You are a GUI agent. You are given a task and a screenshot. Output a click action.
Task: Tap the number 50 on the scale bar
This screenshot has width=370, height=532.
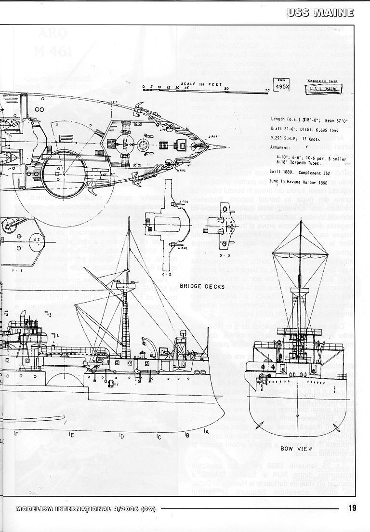pyautogui.click(x=226, y=89)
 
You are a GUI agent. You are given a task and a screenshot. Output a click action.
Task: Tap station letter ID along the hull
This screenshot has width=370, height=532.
pyautogui.click(x=122, y=436)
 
